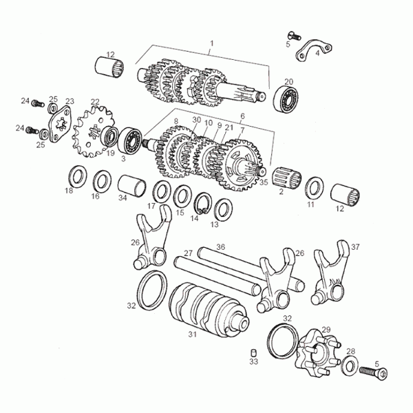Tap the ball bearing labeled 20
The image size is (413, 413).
coord(288,100)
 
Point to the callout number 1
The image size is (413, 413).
coord(212,43)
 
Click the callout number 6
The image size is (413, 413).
coord(242,117)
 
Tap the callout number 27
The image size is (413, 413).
coord(188,254)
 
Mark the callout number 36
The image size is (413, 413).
coord(220,246)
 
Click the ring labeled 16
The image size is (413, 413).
coord(103,182)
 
